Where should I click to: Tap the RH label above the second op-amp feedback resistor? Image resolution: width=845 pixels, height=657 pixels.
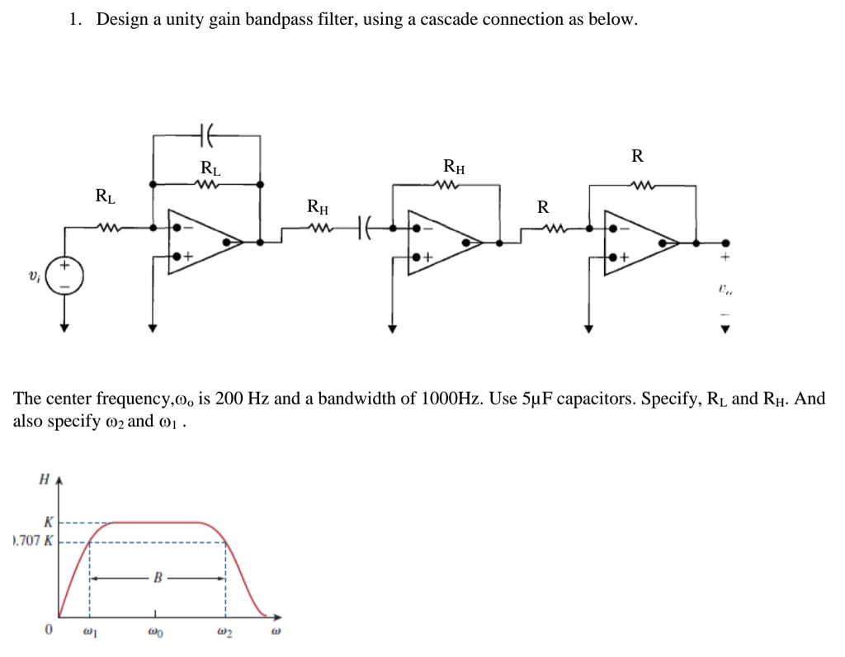tap(453, 167)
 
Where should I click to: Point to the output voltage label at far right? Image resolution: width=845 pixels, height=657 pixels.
tap(725, 290)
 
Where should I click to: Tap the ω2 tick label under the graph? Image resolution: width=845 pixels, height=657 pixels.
tap(225, 631)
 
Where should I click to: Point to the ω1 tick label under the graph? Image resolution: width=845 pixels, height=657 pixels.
tap(90, 631)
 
